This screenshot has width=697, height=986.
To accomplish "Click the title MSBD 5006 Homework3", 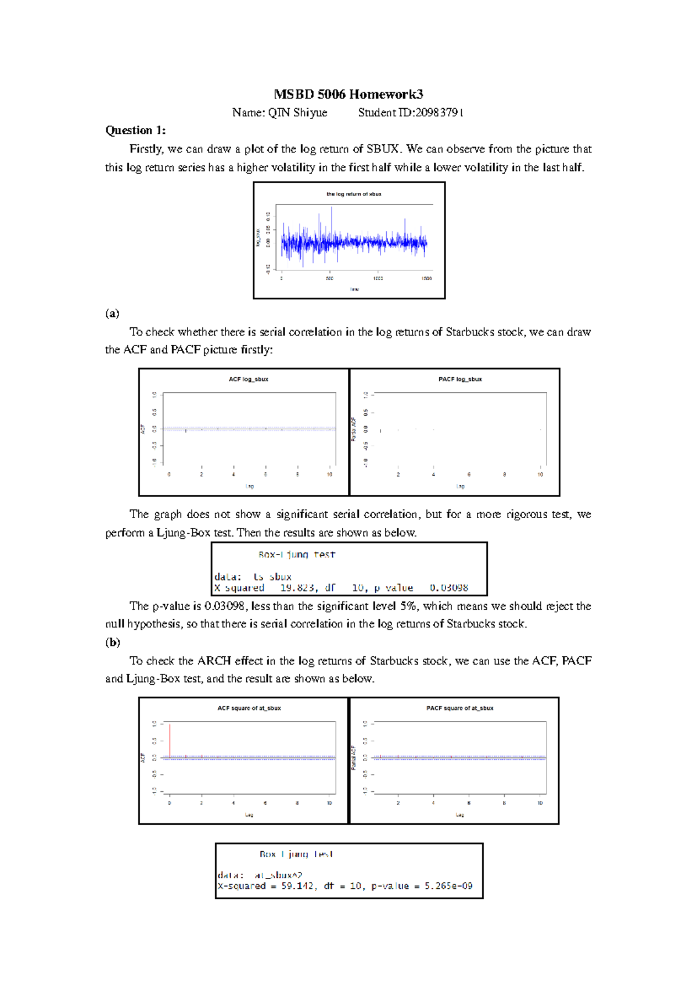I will click(x=348, y=94).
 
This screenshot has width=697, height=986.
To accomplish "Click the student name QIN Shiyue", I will click(x=297, y=113).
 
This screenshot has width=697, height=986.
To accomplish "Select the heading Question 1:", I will click(x=135, y=130).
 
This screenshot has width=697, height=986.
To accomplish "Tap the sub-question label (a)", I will click(x=112, y=313).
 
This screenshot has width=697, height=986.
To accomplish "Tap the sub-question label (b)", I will click(x=113, y=642).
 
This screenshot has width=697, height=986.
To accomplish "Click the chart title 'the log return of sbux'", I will click(x=354, y=194).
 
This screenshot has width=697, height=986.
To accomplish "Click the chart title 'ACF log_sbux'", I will click(x=249, y=379).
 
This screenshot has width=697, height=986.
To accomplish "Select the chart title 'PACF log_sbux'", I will click(x=460, y=379).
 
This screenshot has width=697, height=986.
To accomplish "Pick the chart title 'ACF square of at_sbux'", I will click(x=249, y=708).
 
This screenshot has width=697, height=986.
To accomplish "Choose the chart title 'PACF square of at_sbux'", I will click(x=460, y=708).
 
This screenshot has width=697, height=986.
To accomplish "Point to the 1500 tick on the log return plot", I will click(x=426, y=278).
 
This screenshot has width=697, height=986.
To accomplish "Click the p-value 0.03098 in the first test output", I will click(x=449, y=588).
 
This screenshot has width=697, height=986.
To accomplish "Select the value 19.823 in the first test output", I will click(x=298, y=588).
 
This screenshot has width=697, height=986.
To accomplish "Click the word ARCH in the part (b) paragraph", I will click(x=214, y=660).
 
